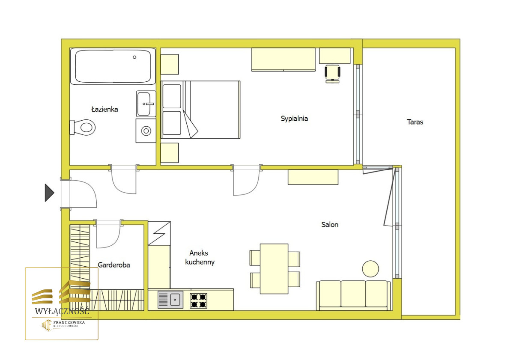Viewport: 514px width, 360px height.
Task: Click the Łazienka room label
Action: (105, 109)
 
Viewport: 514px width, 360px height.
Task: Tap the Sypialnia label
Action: (294, 119)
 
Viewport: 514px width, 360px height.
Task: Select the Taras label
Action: (415, 122)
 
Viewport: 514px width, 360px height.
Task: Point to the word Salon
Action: (330, 224)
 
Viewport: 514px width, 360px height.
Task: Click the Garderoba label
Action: (114, 265)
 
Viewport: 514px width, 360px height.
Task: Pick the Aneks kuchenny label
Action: (200, 257)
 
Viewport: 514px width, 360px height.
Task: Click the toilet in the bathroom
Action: (83, 128)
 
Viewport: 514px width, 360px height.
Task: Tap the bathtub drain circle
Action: (134, 57)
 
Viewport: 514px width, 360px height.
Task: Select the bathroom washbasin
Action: (146, 104)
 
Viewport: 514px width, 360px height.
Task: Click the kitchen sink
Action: (170, 300)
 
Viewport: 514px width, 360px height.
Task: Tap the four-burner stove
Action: (198, 300)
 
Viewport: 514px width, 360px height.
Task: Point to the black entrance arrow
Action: (50, 193)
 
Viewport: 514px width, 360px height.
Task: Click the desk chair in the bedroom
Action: (332, 74)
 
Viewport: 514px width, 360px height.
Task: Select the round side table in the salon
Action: (371, 269)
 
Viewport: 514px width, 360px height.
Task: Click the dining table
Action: (274, 269)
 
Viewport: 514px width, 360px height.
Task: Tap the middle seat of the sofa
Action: (353, 294)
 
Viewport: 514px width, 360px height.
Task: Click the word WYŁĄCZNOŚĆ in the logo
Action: (62, 311)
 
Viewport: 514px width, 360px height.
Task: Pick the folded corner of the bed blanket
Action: (191, 125)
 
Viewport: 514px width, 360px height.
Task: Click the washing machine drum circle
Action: (146, 131)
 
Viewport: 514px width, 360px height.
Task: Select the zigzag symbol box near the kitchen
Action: (159, 233)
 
